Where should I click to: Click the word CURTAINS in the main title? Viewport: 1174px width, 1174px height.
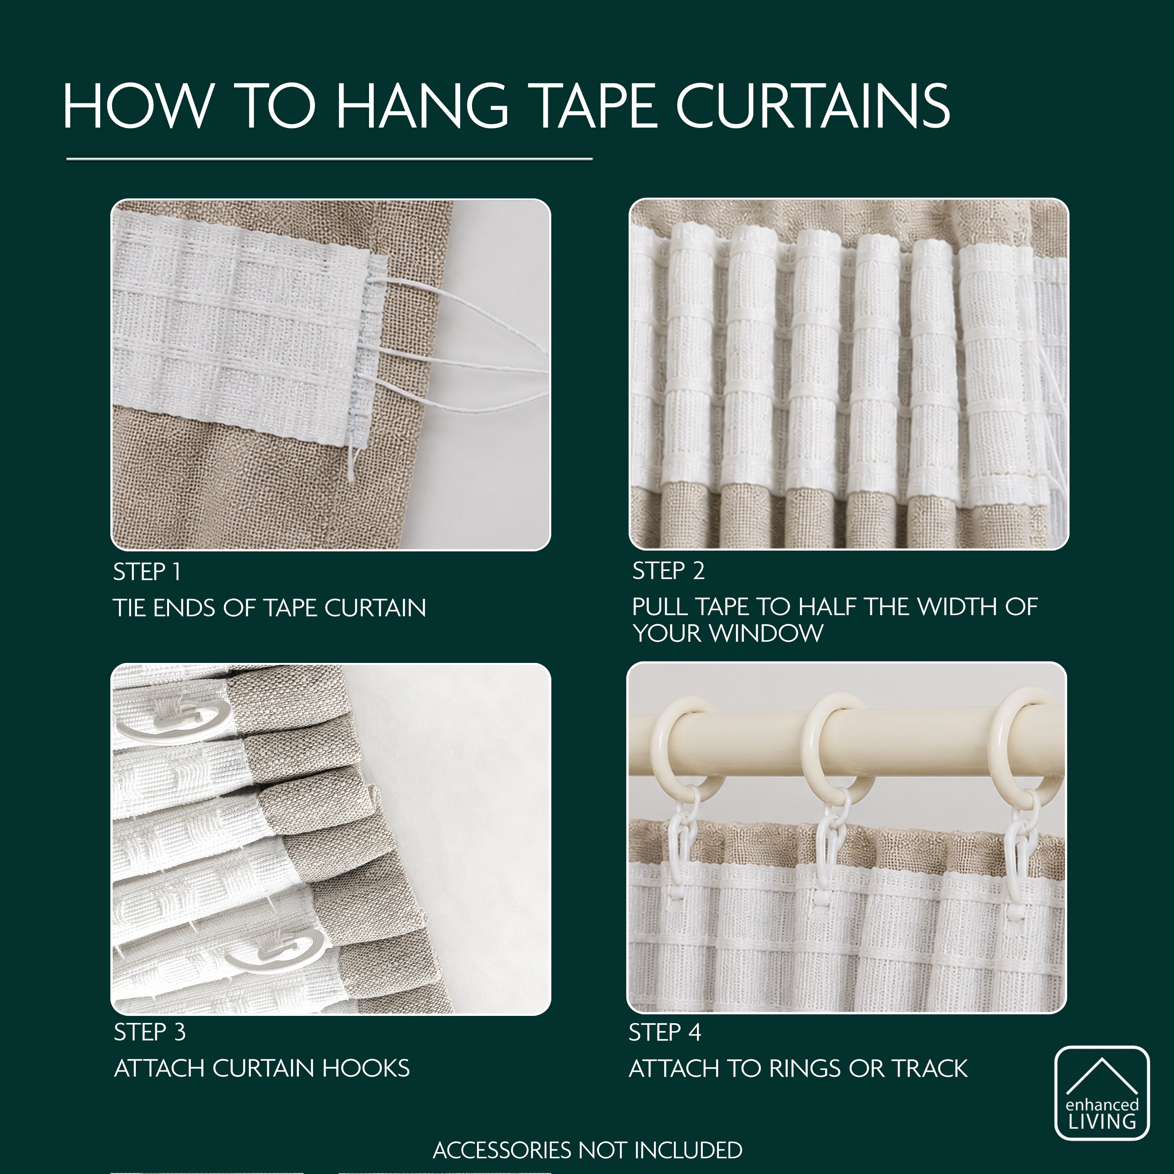coord(812,106)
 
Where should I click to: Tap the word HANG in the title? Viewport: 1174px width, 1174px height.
coord(422,106)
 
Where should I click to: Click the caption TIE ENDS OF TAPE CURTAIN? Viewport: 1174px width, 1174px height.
coord(269,608)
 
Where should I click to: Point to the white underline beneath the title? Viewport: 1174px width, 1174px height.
coord(330,160)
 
